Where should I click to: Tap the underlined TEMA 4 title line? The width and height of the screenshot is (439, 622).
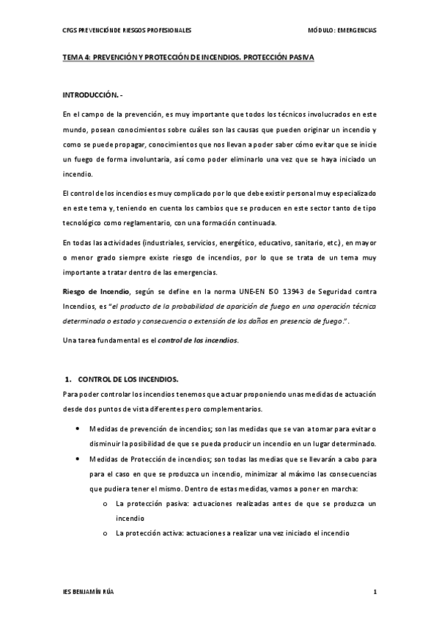(188, 65)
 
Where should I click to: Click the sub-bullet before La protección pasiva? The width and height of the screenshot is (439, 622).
(106, 505)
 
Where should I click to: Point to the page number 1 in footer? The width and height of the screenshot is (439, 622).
(375, 590)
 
